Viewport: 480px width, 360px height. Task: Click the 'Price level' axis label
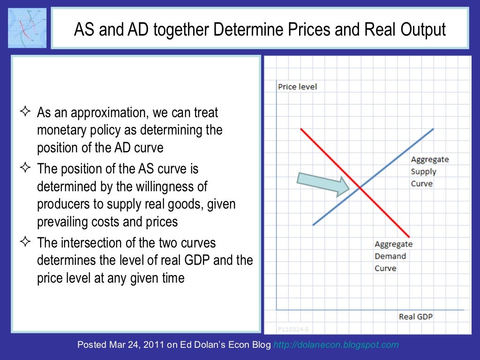(297, 87)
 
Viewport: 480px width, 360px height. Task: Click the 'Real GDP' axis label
(415, 316)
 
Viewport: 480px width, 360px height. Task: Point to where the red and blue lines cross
(360, 188)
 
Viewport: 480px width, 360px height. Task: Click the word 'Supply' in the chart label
(423, 172)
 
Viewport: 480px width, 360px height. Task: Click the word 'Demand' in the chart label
(390, 256)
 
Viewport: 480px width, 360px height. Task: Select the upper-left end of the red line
(301, 129)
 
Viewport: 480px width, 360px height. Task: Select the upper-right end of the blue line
(433, 129)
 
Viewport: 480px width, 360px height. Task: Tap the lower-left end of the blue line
(313, 225)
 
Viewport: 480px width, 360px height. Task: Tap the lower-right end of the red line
(410, 236)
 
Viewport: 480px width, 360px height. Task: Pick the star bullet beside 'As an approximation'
(25, 112)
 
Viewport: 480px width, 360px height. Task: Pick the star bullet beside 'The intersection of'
(25, 242)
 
